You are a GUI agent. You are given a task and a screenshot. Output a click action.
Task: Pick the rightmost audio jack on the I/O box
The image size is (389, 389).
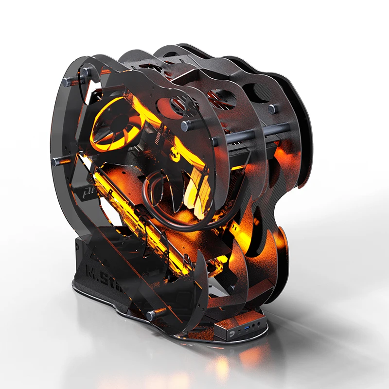[263, 323]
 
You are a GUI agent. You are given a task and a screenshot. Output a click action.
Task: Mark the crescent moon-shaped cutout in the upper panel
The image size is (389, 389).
[253, 92]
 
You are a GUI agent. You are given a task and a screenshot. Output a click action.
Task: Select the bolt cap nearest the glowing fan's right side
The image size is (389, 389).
[186, 125]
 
